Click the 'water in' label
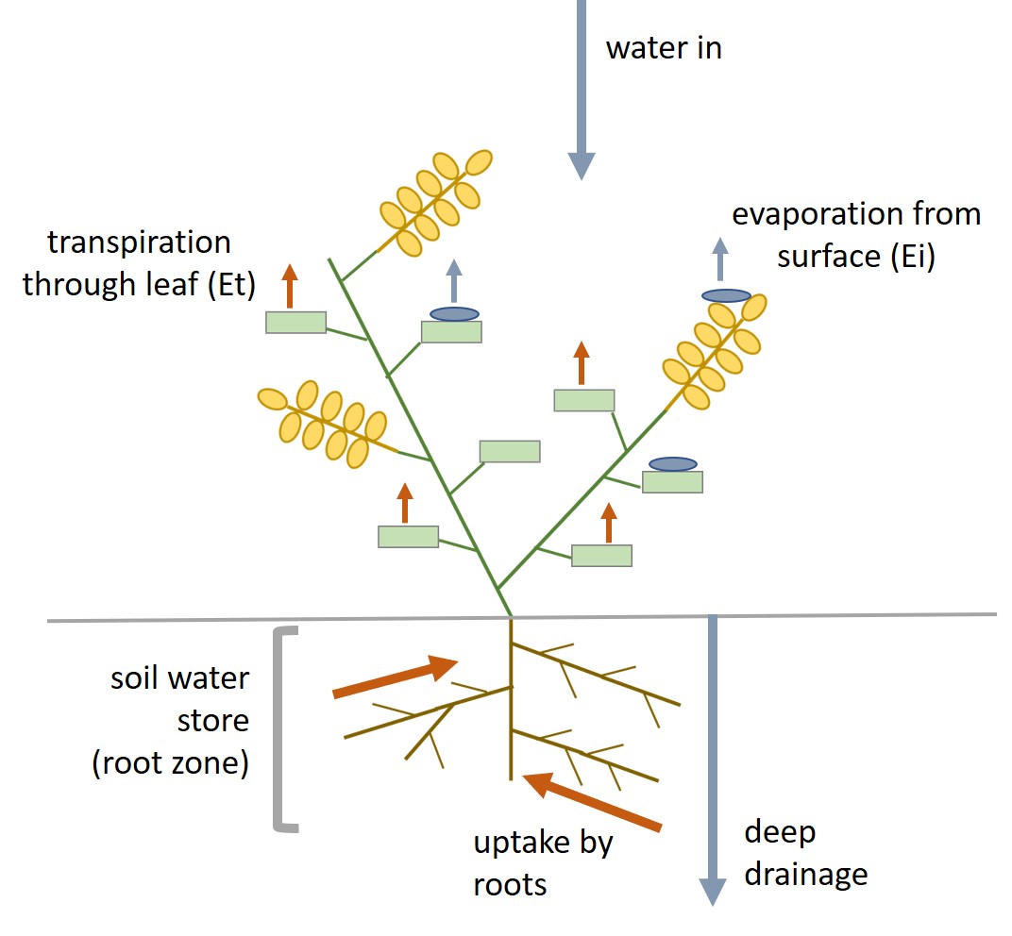coord(663,48)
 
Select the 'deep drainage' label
coord(804,853)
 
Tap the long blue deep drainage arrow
coord(713,755)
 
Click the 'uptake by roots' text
coord(543,862)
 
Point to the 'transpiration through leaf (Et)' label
coord(140,263)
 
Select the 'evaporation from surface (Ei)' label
coord(856,235)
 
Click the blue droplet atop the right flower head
coord(726,295)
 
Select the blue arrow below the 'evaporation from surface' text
coord(720,259)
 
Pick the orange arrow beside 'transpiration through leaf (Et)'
coord(290,286)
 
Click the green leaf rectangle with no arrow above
coord(510,451)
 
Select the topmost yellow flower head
coord(436,201)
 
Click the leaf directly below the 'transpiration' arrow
coord(295,323)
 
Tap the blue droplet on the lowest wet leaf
coord(673,464)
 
